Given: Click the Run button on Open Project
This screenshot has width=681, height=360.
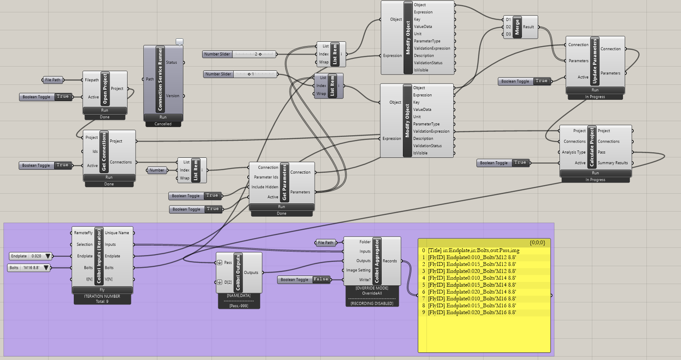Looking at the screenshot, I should pos(104,110).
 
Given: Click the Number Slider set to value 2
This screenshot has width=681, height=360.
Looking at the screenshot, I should pos(239,54).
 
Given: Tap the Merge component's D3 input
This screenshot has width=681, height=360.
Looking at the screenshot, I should pos(508,34).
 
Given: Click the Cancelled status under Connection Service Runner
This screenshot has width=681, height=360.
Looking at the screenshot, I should pos(163,124).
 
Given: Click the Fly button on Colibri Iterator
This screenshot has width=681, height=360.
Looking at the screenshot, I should pos(102,290).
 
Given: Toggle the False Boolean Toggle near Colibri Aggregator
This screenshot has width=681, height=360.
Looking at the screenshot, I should pos(304,280).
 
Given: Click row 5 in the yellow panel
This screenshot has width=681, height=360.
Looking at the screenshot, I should pos(472,285).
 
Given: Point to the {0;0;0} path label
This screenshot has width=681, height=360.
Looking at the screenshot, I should pos(537,242).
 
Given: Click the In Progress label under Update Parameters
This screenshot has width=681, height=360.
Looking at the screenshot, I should pos(595,97).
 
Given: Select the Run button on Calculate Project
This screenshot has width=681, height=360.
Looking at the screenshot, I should pos(595,173).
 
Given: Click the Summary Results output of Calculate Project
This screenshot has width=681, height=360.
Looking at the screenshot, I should pos(612,163).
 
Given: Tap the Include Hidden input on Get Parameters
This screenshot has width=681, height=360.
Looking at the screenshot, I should pos(264,187).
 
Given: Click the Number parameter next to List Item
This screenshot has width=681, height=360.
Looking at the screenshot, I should pos(156,170).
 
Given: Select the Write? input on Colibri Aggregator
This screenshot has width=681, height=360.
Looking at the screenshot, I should pos(365,280).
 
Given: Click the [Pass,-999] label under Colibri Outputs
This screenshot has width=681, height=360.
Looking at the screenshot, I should pos(239,306).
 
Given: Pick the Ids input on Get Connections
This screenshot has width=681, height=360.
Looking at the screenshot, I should pos(95,151).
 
